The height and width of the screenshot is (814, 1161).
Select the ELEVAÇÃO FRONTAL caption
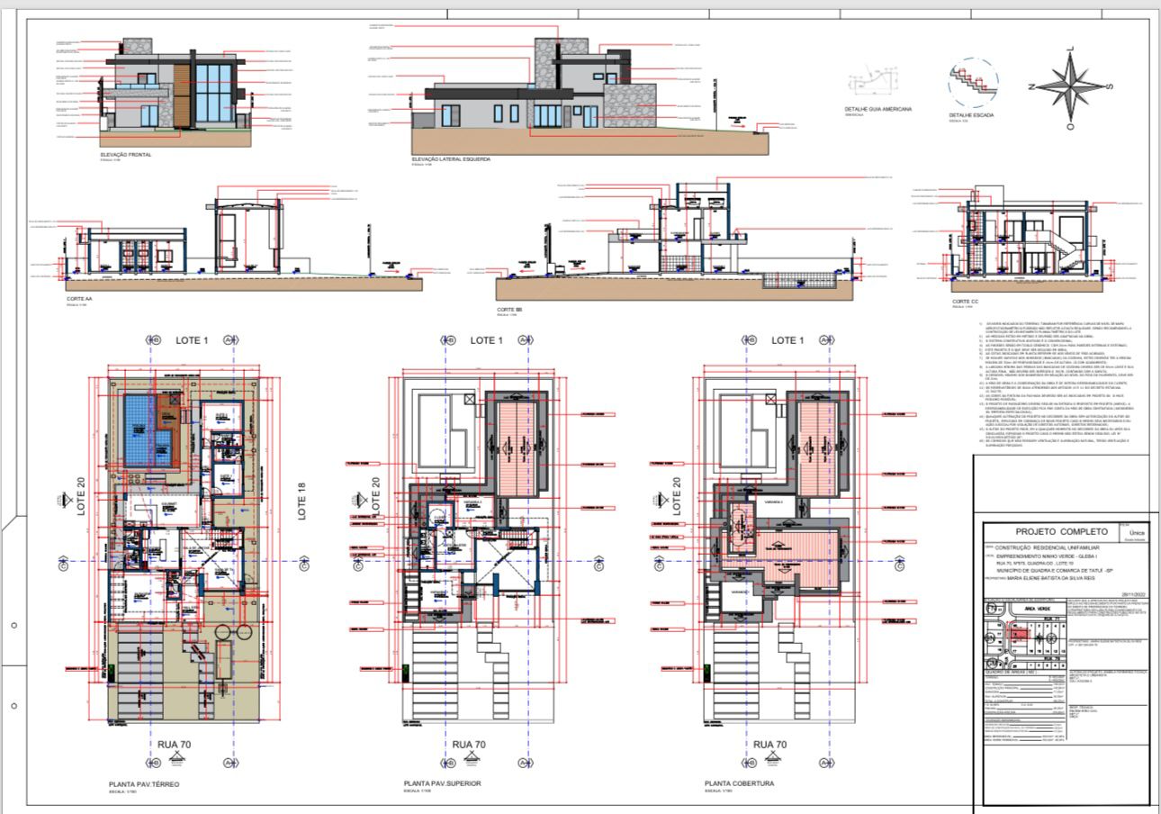tap(126, 155)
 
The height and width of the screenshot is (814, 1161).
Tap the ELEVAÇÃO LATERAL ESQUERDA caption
tap(451, 158)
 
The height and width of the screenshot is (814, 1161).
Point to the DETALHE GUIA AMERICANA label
tap(877, 109)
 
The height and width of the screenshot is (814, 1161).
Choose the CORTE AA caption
tap(80, 297)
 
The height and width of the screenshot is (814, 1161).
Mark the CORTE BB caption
tap(508, 309)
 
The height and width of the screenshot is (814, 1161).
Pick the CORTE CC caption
tap(965, 302)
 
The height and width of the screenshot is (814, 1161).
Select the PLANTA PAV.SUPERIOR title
tap(442, 784)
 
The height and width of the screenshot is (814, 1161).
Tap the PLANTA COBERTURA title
tap(739, 784)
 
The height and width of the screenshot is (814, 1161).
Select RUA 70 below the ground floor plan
tap(174, 745)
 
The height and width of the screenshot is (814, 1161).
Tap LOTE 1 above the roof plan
tap(785, 340)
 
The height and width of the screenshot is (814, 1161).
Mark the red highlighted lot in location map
tap(1018, 634)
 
